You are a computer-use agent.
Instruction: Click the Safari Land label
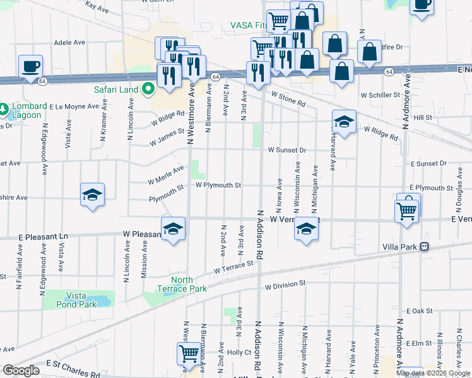116,89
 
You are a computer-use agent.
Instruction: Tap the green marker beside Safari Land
148,89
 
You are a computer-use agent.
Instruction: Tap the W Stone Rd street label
288,98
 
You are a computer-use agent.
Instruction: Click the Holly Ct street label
239,352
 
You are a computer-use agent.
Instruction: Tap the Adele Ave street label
69,43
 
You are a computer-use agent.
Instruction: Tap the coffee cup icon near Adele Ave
30,66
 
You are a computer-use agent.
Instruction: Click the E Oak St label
418,311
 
